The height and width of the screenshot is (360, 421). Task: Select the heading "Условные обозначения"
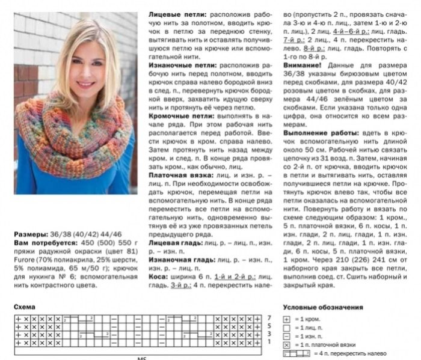point(323,307)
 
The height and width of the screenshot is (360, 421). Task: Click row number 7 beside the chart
point(269,317)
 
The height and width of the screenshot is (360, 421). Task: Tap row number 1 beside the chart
point(269,342)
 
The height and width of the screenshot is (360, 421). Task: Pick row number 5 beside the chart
point(269,325)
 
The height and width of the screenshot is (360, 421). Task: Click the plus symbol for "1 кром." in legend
point(287,317)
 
